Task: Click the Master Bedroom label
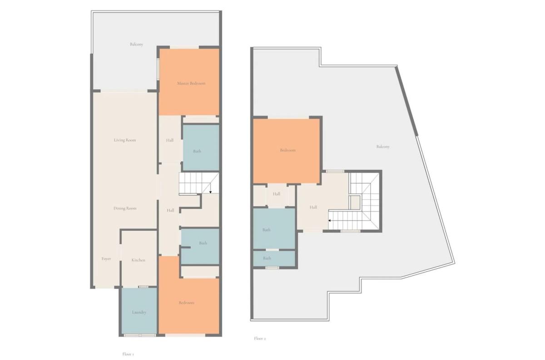pyautogui.click(x=191, y=84)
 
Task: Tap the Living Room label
pyautogui.click(x=125, y=140)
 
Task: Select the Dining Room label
pyautogui.click(x=125, y=208)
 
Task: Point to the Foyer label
pyautogui.click(x=106, y=259)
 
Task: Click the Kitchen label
pyautogui.click(x=138, y=260)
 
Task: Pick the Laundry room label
pyautogui.click(x=139, y=312)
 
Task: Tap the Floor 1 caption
pyautogui.click(x=128, y=354)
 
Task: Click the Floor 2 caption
pyautogui.click(x=260, y=338)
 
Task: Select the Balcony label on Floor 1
pyautogui.click(x=136, y=44)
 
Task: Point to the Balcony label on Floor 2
pyautogui.click(x=383, y=147)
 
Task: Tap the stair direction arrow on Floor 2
pyautogui.click(x=329, y=221)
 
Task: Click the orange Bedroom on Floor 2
pyautogui.click(x=287, y=151)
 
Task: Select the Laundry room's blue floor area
pyautogui.click(x=139, y=311)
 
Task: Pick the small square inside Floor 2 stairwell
pyautogui.click(x=355, y=202)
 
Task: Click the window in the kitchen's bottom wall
pyautogui.click(x=144, y=287)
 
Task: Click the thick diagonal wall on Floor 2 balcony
pyautogui.click(x=406, y=101)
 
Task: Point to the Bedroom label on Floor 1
pyautogui.click(x=187, y=303)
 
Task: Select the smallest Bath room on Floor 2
pyautogui.click(x=274, y=259)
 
